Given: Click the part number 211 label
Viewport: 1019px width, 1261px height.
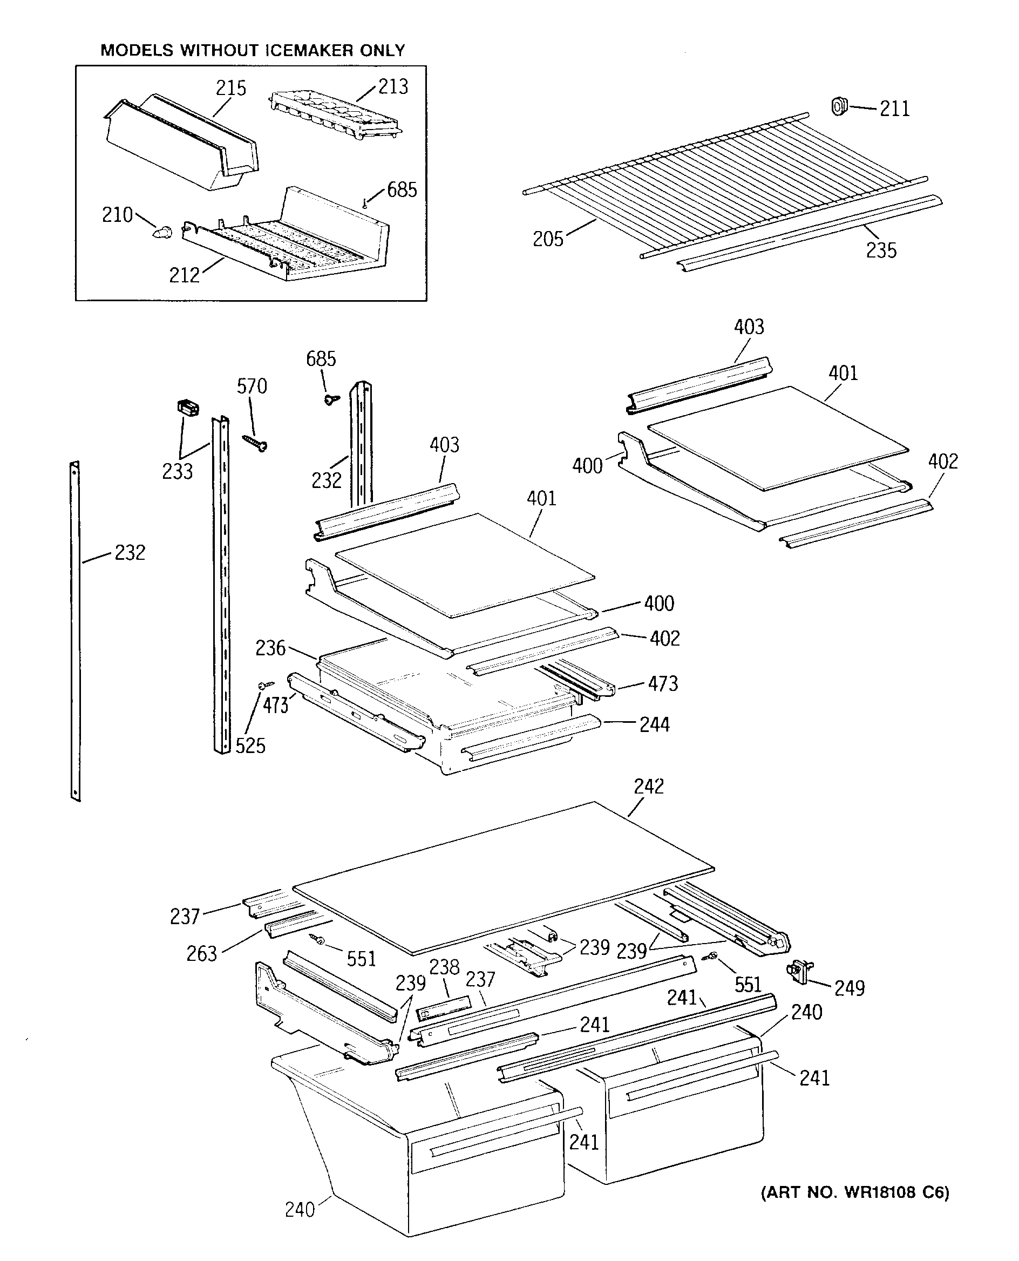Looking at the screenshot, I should [894, 109].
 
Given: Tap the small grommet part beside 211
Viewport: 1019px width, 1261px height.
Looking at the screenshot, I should [839, 106].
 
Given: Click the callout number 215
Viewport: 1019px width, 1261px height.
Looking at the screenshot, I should [230, 89].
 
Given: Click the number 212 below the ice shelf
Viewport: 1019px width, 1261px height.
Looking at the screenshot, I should [184, 275].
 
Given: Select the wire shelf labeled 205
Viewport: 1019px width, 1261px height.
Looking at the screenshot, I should [722, 182].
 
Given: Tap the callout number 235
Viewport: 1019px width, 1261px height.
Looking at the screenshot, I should [881, 250].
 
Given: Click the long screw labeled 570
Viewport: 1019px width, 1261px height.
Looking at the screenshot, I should [256, 443].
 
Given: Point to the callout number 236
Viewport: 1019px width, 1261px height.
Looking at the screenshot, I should [270, 648].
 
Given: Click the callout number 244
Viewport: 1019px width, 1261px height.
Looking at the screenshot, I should [654, 724].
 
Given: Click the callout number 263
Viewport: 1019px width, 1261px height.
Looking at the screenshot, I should [201, 954].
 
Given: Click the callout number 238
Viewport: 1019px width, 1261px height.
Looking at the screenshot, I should [444, 967].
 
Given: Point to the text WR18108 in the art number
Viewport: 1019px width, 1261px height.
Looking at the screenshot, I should [880, 1192].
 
